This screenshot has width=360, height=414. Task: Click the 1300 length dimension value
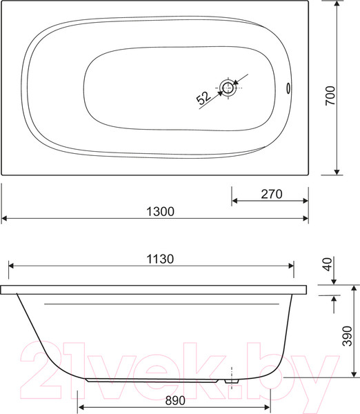pos(160,212)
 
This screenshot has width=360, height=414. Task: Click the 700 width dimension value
pos(330,96)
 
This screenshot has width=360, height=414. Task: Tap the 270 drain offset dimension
pos(272,194)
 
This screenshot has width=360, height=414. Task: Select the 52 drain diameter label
pos(203,98)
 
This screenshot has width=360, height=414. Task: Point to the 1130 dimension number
pos(160,259)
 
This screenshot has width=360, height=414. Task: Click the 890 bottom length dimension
pos(175,400)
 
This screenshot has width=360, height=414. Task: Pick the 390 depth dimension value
pos(348,336)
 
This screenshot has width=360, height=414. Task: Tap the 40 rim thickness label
pos(328,264)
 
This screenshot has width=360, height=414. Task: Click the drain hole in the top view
pos(228,88)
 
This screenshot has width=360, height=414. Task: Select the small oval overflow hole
pos(288,88)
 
